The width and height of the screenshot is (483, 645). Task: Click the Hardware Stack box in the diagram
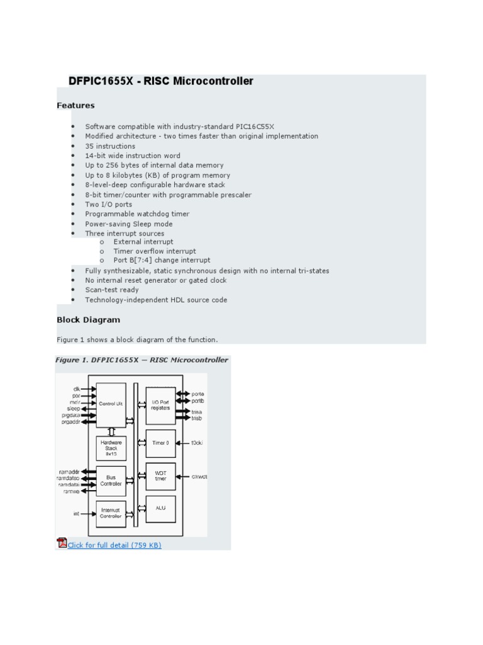pos(111,448)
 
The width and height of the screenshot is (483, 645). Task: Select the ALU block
pos(160,508)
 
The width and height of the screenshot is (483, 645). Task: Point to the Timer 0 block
pos(160,443)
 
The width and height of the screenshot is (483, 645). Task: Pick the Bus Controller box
pos(111,481)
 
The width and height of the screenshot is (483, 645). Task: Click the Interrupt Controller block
pos(111,513)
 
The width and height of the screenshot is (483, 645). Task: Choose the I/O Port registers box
pos(160,405)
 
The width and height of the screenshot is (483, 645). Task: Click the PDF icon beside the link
pos(62,543)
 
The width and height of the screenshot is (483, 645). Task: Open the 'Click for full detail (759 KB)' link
pos(114,545)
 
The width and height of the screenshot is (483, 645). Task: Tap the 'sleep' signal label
pos(73,409)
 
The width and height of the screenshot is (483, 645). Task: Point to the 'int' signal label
pos(76,513)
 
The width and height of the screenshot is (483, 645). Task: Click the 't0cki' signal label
pos(197,443)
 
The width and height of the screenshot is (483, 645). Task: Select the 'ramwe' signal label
pos(71,491)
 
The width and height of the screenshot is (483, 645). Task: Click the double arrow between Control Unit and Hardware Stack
pos(111,432)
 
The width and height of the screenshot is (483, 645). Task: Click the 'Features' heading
pos(75,105)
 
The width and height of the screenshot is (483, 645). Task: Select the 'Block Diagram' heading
pos(88,319)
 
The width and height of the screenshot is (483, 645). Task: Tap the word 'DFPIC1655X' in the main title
pos(101,81)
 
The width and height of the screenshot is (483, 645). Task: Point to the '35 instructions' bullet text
pos(110,146)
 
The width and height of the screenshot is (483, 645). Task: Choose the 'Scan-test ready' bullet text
pos(112,290)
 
